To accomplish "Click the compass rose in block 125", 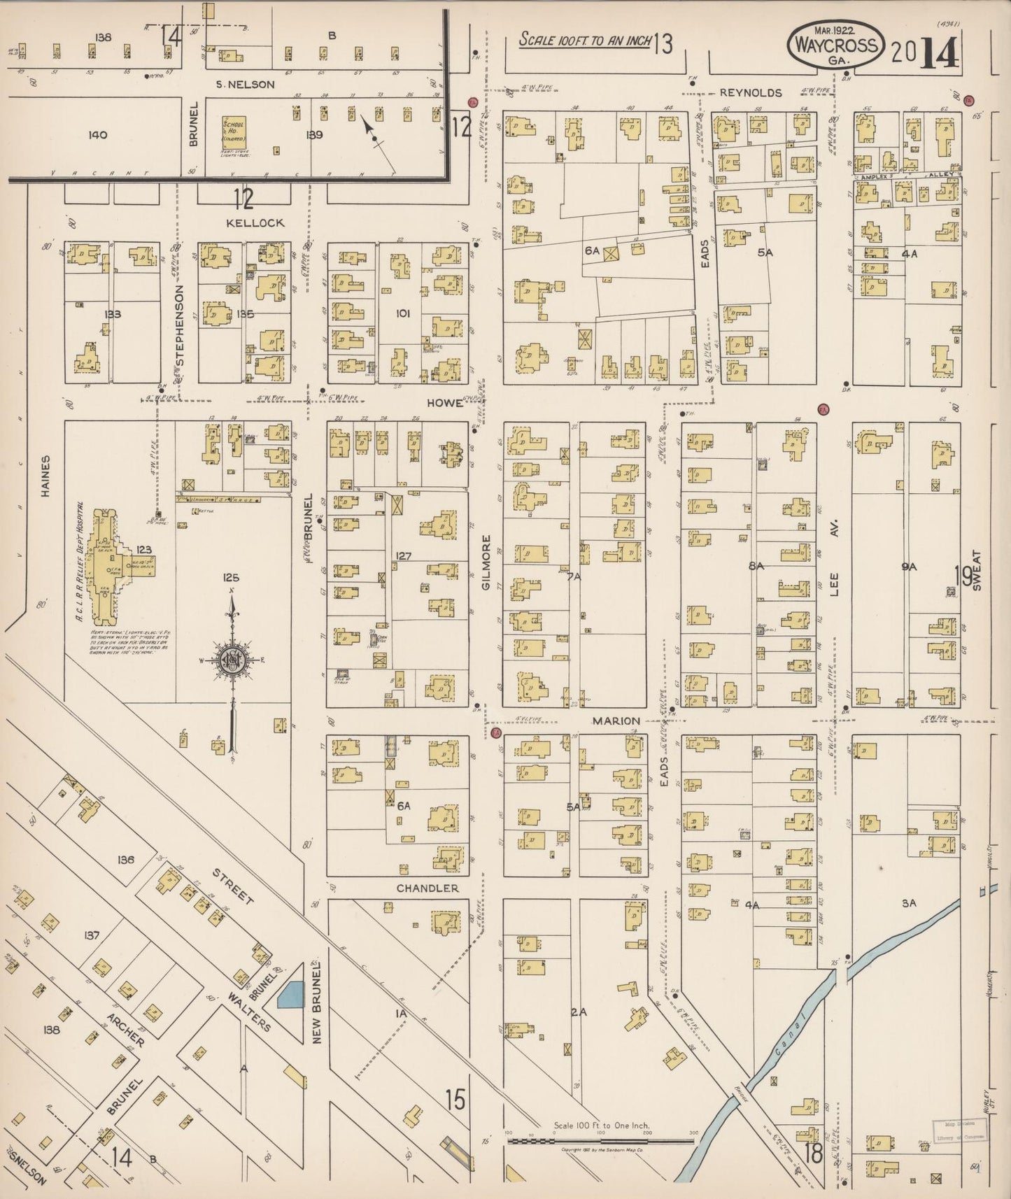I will coord(232,660).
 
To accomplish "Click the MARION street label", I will coord(616,721).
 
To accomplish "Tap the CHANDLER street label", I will coord(427,888).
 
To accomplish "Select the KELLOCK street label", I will coord(255,222).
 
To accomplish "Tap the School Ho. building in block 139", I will coord(234,131).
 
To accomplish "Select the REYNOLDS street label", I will coord(750,92).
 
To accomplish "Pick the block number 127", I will coord(403,557).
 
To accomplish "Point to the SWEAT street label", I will coord(977,571).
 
